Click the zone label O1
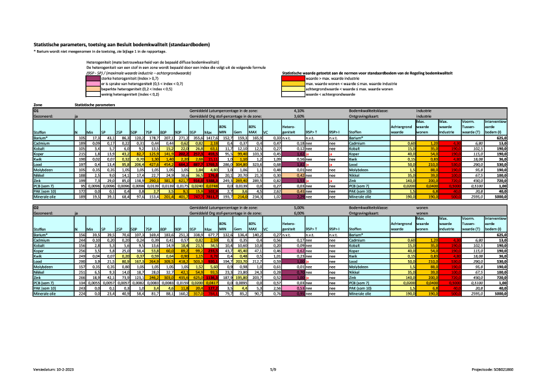pos(36,111)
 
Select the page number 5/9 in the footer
pos(273,368)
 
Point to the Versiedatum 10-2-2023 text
pos(54,368)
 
